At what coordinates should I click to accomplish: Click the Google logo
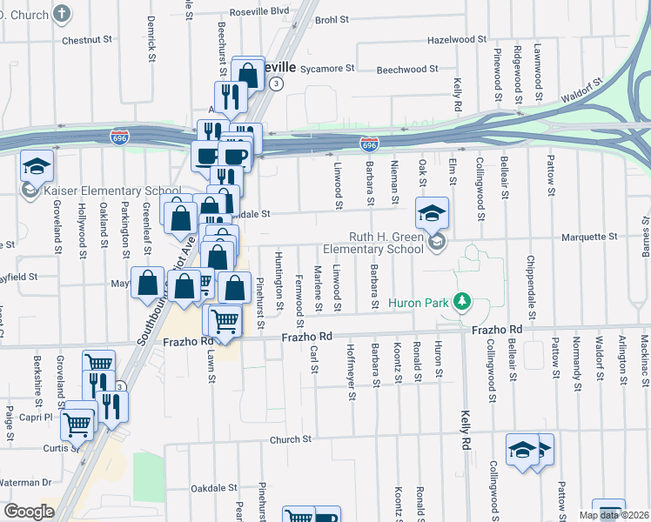tap(28, 512)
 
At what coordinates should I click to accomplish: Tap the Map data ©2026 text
tap(614, 515)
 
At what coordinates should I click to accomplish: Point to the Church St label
tap(290, 440)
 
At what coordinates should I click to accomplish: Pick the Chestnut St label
tap(88, 39)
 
